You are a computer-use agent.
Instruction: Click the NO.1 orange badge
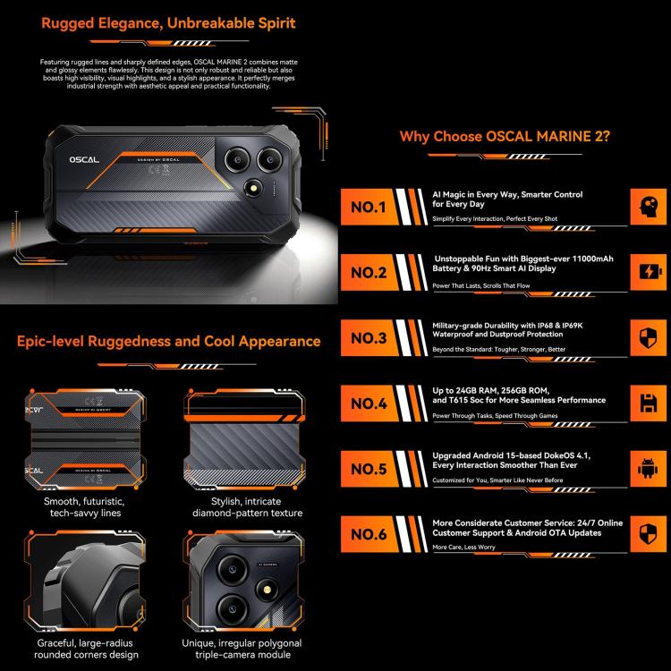pyautogui.click(x=369, y=208)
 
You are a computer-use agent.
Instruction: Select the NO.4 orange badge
pyautogui.click(x=369, y=403)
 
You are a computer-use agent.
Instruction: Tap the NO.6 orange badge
pyautogui.click(x=369, y=535)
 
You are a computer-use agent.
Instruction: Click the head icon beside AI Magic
pyautogui.click(x=646, y=206)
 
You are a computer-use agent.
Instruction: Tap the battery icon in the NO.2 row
pyautogui.click(x=646, y=271)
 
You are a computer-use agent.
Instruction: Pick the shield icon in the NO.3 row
pyautogui.click(x=646, y=337)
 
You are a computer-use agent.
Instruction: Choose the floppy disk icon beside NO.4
pyautogui.click(x=646, y=403)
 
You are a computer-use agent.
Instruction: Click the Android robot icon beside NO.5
pyautogui.click(x=646, y=469)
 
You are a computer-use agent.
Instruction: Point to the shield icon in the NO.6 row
pyautogui.click(x=646, y=534)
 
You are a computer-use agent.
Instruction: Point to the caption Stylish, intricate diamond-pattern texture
pyautogui.click(x=246, y=507)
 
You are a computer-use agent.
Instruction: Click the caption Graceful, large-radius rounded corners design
pyautogui.click(x=88, y=650)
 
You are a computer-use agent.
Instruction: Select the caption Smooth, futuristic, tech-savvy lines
pyautogui.click(x=88, y=507)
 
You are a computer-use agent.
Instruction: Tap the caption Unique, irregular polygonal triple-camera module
pyautogui.click(x=246, y=650)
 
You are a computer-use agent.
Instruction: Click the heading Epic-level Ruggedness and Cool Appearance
pyautogui.click(x=168, y=341)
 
